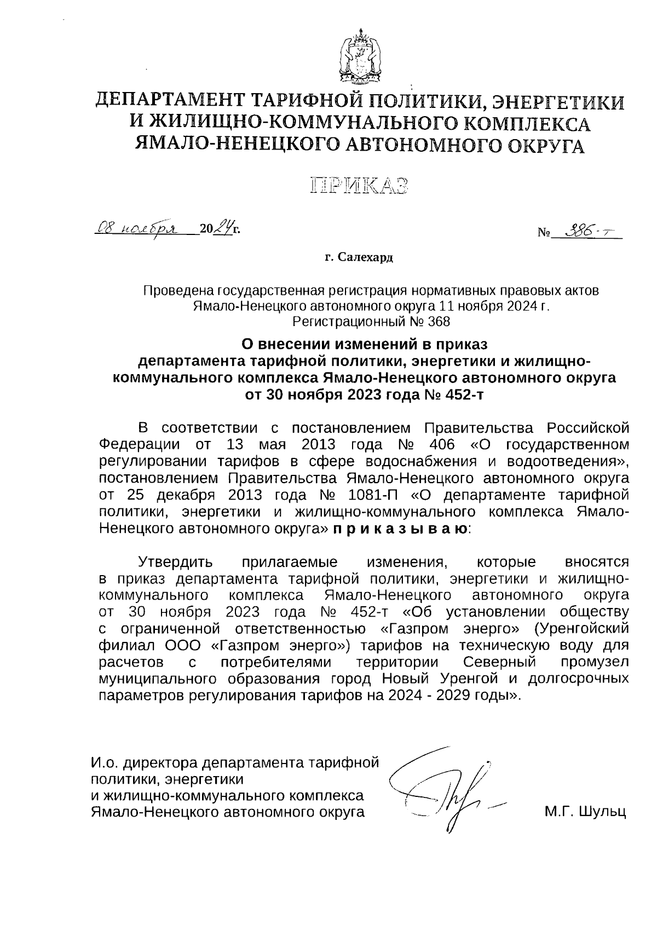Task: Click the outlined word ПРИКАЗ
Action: pyautogui.click(x=360, y=186)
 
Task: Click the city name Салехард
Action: pyautogui.click(x=365, y=257)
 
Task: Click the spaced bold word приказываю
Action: pyautogui.click(x=400, y=530)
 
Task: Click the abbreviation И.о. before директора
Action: pyautogui.click(x=105, y=762)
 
